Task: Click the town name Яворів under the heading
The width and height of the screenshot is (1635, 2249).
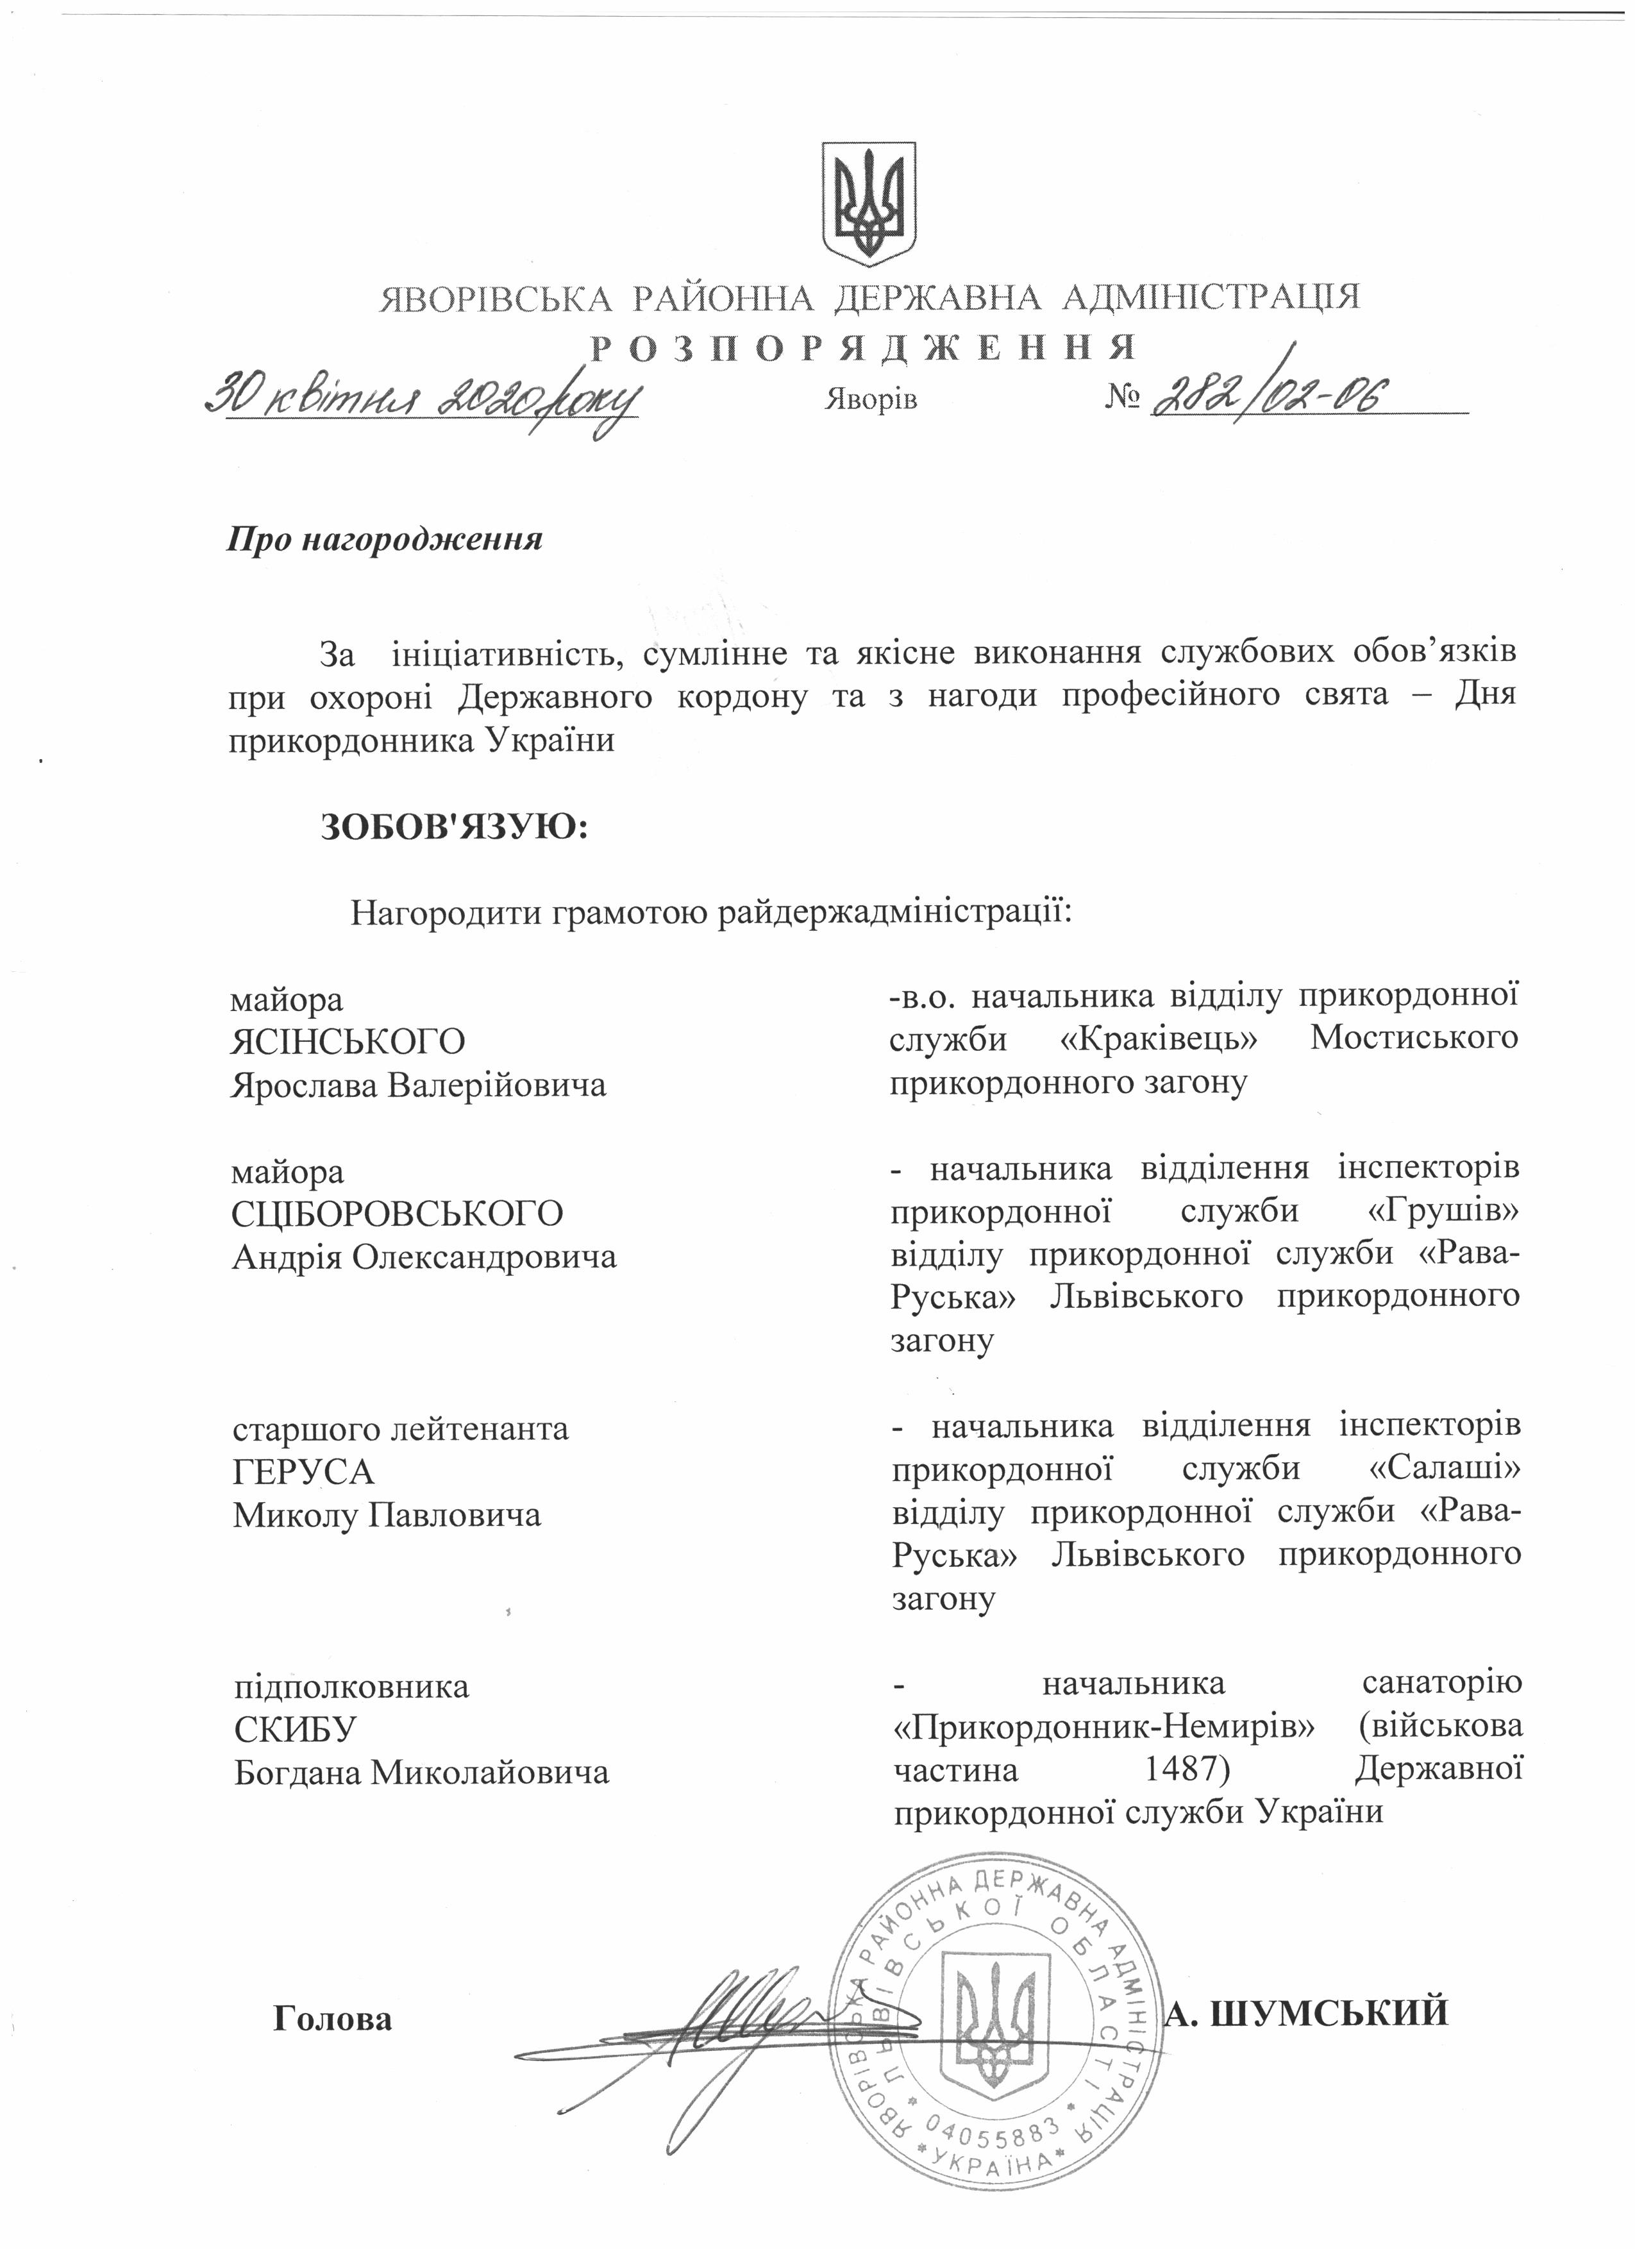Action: tap(871, 399)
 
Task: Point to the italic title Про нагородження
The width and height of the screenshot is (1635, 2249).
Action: tap(387, 540)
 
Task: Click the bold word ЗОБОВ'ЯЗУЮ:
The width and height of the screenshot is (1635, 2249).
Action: tap(454, 825)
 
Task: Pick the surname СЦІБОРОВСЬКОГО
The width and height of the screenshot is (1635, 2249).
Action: tap(398, 1214)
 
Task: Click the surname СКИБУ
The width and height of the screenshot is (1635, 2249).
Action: tap(294, 1730)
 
